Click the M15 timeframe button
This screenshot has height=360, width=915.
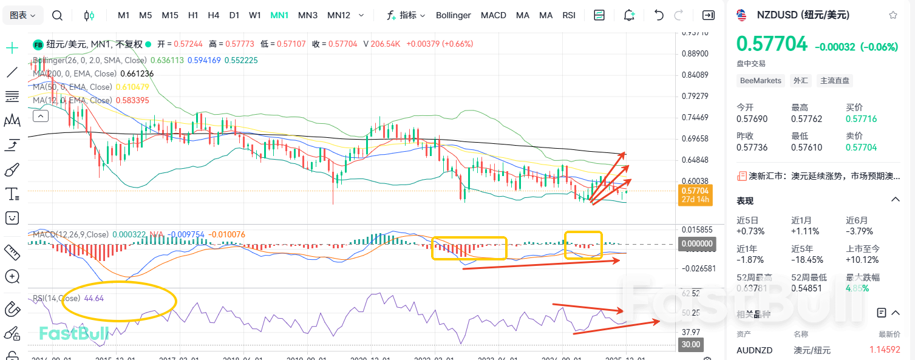[x=170, y=15]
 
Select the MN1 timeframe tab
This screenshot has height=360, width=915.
[x=279, y=15]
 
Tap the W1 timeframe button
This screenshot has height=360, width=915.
[x=255, y=15]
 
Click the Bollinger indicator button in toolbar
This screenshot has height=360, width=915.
[x=453, y=15]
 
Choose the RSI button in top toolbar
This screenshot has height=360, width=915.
[x=569, y=15]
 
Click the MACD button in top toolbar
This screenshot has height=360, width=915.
[x=493, y=15]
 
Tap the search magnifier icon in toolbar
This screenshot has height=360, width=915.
[x=57, y=15]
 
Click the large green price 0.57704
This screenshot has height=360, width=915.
[x=772, y=44]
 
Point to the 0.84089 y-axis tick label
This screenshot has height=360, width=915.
[x=695, y=75]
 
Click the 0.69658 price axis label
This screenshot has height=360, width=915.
[x=695, y=138]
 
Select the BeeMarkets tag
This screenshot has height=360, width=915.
[x=760, y=80]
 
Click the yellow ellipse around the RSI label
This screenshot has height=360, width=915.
[x=119, y=301]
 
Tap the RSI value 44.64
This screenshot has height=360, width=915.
[x=94, y=298]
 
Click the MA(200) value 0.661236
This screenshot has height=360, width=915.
[x=137, y=73]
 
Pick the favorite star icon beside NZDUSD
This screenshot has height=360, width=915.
[x=893, y=15]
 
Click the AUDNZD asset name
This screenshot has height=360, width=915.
[x=753, y=350]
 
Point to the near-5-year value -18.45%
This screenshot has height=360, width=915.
[x=807, y=259]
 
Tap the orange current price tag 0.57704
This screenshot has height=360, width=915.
[x=695, y=194]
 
